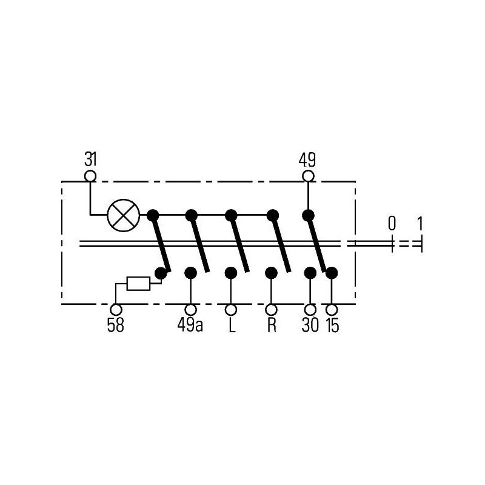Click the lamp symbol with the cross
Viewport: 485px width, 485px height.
click(124, 215)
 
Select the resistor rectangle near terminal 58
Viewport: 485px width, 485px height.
click(139, 284)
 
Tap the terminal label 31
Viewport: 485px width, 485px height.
click(90, 160)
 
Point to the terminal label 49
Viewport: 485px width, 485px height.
click(307, 160)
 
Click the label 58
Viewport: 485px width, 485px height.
click(115, 325)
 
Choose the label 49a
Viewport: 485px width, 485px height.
click(190, 325)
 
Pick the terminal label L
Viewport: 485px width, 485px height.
click(232, 325)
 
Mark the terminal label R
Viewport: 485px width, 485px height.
click(271, 325)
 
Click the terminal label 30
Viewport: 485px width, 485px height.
click(310, 325)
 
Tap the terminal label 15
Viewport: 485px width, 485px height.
click(332, 325)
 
